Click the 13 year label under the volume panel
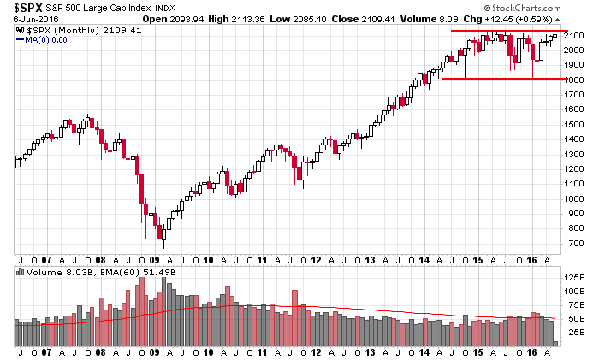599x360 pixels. click(370, 351)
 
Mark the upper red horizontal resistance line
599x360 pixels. click(505, 31)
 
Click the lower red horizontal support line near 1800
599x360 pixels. click(505, 79)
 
